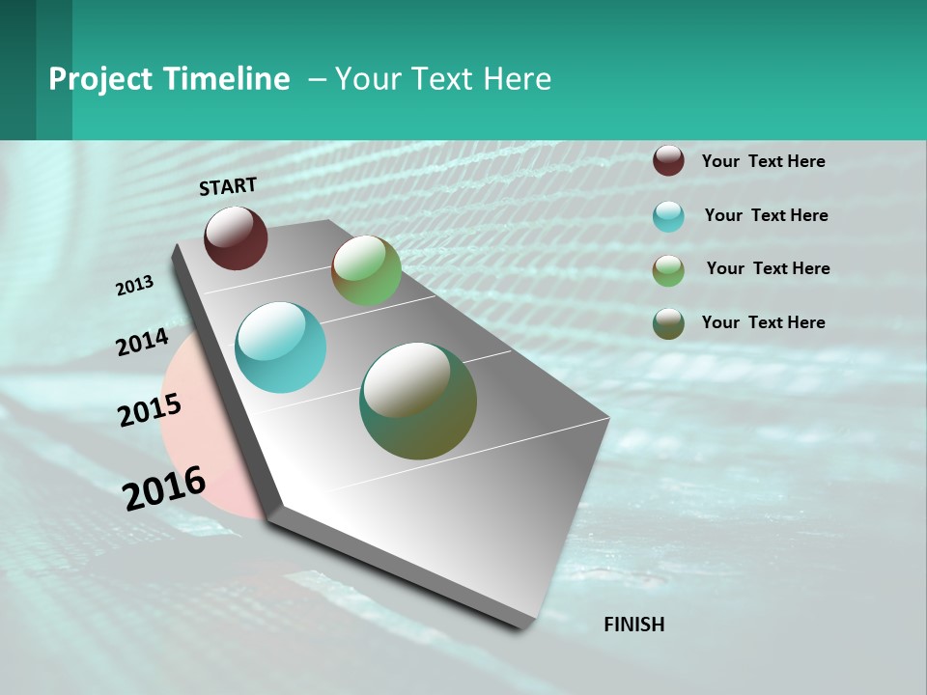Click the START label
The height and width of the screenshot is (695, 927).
[228, 186]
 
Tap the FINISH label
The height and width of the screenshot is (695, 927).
[633, 625]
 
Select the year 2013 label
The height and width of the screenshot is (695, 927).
[135, 286]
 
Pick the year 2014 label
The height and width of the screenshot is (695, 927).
[142, 343]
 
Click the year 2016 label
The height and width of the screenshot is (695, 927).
[164, 488]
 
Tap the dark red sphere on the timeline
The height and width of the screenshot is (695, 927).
[236, 237]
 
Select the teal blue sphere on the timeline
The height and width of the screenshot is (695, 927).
[280, 347]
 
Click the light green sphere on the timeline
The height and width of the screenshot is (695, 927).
[366, 270]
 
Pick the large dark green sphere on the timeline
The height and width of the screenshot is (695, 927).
[418, 401]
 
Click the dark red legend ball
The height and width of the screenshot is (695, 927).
[668, 160]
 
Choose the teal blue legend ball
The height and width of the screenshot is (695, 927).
[668, 216]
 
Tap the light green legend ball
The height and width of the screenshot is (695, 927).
[668, 270]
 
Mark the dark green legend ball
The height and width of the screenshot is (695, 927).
[668, 323]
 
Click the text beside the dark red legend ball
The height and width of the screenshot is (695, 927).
[763, 161]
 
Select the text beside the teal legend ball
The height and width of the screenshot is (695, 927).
[766, 215]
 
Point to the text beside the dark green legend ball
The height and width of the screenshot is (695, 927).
[763, 322]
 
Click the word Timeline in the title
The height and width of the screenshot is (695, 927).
[227, 79]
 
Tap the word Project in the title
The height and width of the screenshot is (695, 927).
[100, 79]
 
